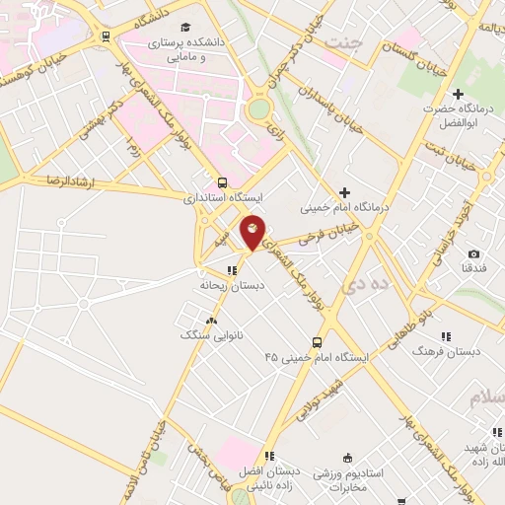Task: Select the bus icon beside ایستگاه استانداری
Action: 222,182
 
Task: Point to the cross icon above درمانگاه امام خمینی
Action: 344,192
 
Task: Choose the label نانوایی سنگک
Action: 209,335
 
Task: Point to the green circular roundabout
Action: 259,108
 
